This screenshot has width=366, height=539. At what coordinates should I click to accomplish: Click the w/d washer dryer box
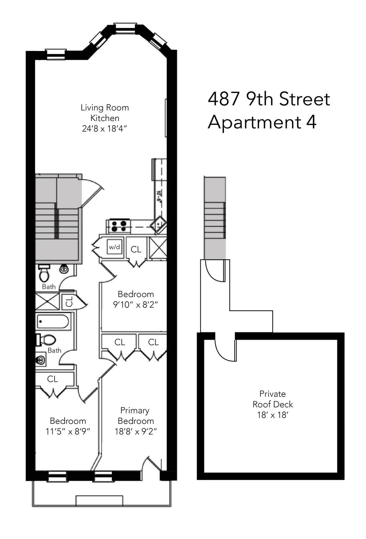[115, 247]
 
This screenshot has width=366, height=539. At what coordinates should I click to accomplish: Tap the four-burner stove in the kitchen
[119, 226]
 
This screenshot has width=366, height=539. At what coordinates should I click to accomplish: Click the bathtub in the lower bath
[53, 321]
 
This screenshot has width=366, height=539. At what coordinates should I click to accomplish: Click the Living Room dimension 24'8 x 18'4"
[104, 129]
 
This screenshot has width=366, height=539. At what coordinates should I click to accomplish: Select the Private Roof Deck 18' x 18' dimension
[272, 415]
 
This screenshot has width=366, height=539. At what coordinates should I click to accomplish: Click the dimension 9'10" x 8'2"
[136, 305]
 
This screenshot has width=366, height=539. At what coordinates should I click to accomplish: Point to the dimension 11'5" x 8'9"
[68, 431]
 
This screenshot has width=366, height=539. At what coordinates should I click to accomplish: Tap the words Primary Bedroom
[135, 416]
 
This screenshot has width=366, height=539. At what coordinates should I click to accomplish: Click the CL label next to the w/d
[136, 250]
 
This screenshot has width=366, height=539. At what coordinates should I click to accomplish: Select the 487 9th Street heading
[269, 99]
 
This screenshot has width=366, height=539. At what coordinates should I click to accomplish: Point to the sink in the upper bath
[64, 269]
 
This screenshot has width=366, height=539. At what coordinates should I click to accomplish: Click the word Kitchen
[105, 118]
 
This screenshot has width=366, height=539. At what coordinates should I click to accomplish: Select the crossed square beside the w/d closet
[157, 248]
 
